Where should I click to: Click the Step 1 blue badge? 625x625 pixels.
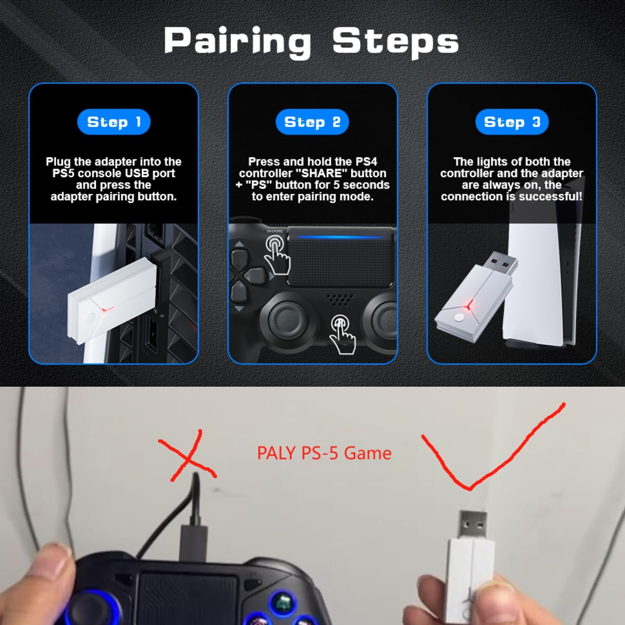tap(114, 122)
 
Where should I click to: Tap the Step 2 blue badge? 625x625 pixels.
tap(312, 122)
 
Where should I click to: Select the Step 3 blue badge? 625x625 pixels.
tap(512, 122)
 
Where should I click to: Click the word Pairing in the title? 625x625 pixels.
tap(237, 42)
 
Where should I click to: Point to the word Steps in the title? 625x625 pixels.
tap(395, 42)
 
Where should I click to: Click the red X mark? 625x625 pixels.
tap(187, 456)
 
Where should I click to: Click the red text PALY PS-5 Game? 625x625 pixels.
tap(324, 453)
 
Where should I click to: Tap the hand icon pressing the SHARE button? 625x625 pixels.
tap(277, 254)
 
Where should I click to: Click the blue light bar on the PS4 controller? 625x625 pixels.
tap(340, 237)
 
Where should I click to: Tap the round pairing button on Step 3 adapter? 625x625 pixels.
tap(459, 317)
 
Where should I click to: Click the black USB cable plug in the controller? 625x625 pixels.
tap(194, 542)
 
